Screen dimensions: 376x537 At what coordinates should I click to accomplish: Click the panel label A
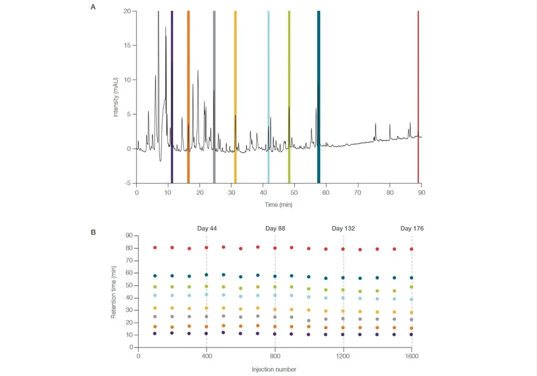coord(93,7)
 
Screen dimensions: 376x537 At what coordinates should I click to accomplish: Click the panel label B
coord(93,232)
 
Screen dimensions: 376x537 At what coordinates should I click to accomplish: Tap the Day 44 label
coord(206,228)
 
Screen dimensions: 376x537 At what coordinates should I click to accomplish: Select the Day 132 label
coord(344,228)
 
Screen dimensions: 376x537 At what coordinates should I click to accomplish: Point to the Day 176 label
coord(412,228)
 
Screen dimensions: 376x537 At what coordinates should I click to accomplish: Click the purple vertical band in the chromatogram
coord(172,95)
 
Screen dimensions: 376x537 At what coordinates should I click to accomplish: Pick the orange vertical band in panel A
coord(188,95)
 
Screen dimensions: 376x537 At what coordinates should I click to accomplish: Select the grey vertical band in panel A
coord(214,95)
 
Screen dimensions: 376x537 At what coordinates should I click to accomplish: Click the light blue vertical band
coord(268,95)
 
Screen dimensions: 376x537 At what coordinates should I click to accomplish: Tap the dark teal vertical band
coord(318,95)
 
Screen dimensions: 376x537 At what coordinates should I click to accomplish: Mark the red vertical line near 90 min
coord(418,95)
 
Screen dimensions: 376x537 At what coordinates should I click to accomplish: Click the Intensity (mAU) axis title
coord(116,97)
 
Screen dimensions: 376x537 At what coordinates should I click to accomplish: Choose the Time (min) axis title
coord(279,205)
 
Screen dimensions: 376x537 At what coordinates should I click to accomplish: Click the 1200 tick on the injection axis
coord(343,356)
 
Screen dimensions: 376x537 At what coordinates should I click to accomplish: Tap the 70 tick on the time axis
coord(358,192)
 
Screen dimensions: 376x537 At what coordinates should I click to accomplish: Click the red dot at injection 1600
coord(412,249)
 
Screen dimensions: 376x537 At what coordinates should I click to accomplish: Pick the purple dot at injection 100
coord(155,333)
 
